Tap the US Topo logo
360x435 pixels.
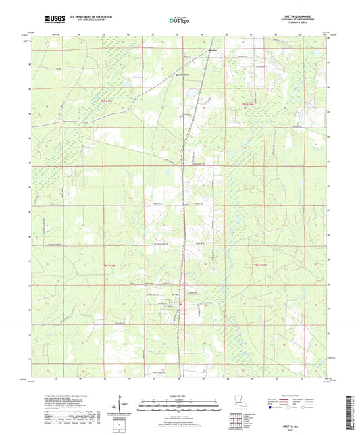[177, 21]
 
